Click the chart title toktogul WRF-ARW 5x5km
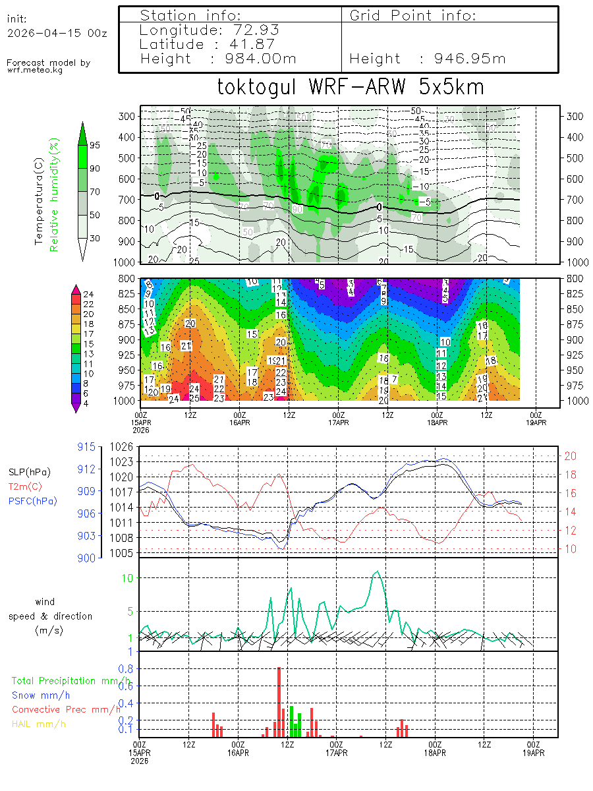[350, 88]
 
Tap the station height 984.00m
[258, 59]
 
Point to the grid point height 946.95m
[469, 59]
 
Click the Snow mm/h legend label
[41, 695]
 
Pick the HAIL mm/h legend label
[40, 724]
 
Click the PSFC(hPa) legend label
[33, 501]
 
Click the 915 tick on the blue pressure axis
[87, 447]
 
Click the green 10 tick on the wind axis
[129, 577]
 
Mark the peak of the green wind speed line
[378, 571]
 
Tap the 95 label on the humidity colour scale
[95, 145]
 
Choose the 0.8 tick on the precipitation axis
[125, 668]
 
